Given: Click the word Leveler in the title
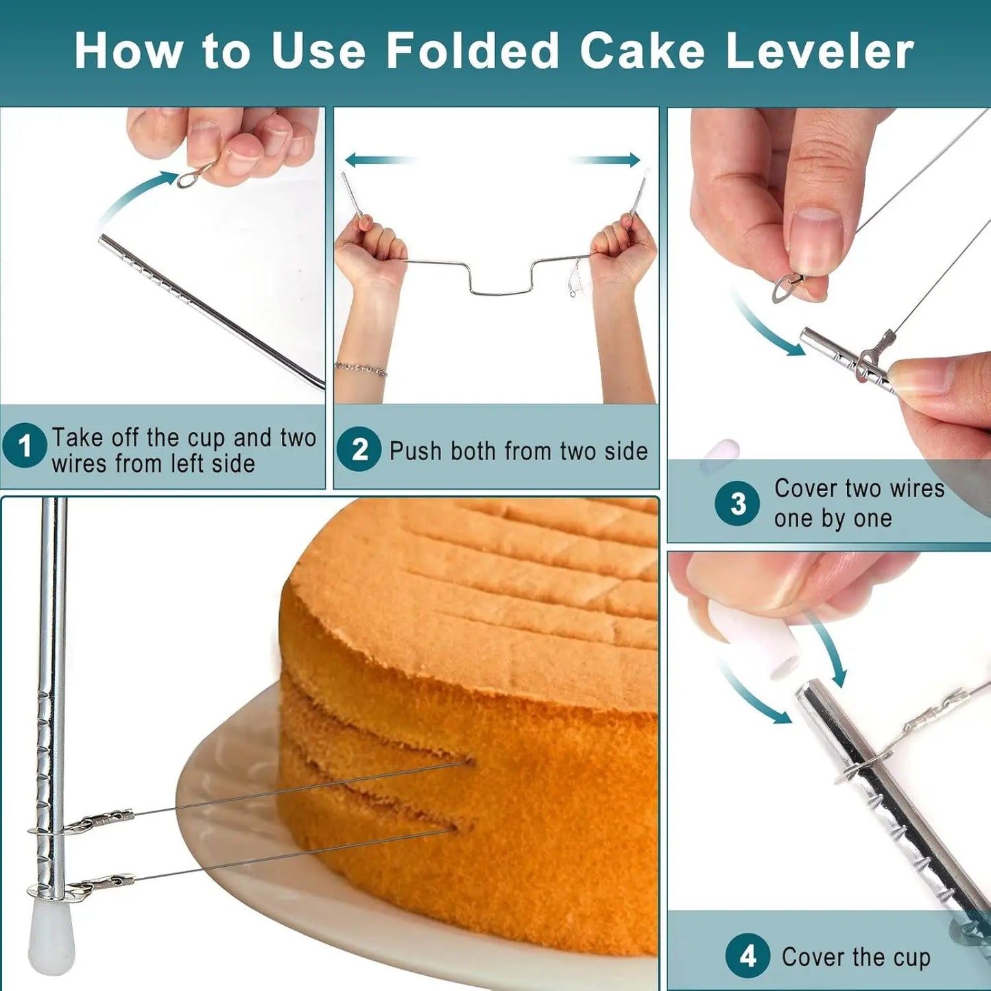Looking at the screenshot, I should click(820, 51).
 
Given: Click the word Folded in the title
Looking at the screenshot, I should click(473, 51).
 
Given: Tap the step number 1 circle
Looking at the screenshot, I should click(25, 446).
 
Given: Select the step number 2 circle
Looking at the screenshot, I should click(359, 449).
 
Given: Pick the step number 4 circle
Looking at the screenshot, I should click(748, 955).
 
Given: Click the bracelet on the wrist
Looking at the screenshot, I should click(361, 370).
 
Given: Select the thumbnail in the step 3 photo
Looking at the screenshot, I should click(815, 240).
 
